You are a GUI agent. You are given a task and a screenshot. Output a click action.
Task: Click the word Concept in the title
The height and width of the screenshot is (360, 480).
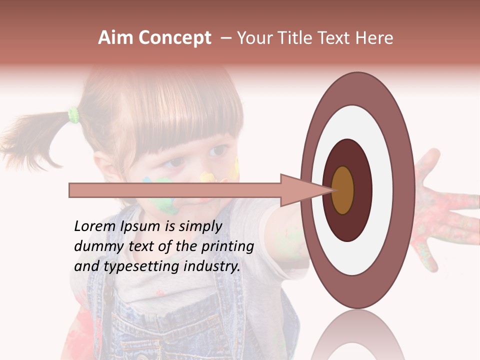tap(174, 38)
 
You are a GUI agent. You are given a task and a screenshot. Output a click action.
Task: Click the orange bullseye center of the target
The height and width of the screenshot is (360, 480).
tap(343, 190)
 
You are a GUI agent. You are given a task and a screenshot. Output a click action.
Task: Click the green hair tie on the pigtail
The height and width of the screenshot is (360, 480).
tap(74, 115)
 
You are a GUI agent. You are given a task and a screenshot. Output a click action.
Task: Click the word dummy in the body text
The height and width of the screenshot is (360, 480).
tap(95, 246)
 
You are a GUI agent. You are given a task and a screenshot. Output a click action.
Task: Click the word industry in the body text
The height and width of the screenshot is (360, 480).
tap(210, 266)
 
